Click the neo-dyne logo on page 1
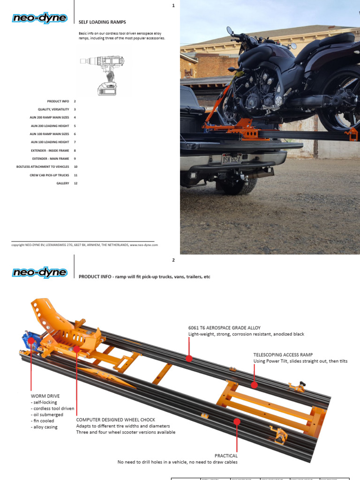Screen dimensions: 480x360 pyautogui.click(x=41, y=18)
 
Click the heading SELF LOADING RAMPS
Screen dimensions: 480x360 pyautogui.click(x=102, y=22)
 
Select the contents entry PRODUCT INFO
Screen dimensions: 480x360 pyautogui.click(x=58, y=101)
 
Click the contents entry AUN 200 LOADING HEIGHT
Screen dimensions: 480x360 pyautogui.click(x=50, y=126)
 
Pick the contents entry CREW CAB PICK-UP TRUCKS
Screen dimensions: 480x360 pyautogui.click(x=49, y=175)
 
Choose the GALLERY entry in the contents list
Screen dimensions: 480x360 pyautogui.click(x=63, y=183)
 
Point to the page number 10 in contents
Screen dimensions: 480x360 pyautogui.click(x=75, y=167)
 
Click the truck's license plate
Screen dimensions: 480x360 pyautogui.click(x=232, y=159)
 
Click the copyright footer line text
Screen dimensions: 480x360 pyautogui.click(x=84, y=245)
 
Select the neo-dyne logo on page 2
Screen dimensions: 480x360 pyautogui.click(x=41, y=273)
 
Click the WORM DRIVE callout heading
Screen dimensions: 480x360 pyautogui.click(x=45, y=396)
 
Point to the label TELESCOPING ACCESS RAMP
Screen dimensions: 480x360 pyautogui.click(x=283, y=355)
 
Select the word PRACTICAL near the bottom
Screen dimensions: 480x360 pyautogui.click(x=226, y=456)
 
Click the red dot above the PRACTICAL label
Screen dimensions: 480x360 pyautogui.click(x=237, y=422)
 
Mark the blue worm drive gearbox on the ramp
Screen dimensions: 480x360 pyautogui.click(x=29, y=342)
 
